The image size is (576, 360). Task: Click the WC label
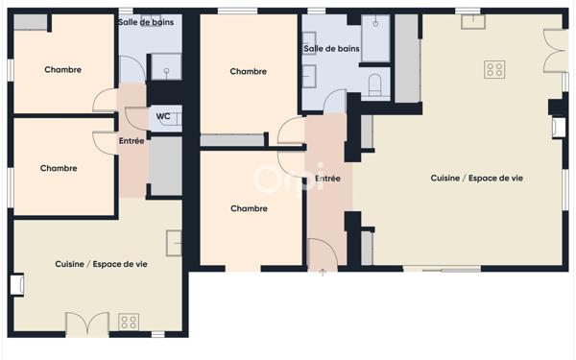(x=163, y=116)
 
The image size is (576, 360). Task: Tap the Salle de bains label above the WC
(x=146, y=21)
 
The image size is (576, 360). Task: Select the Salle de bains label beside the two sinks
(x=331, y=48)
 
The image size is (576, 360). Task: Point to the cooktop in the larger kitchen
(x=495, y=68)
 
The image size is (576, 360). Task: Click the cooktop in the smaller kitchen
(x=129, y=322)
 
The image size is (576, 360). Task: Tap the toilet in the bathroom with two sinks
(x=375, y=84)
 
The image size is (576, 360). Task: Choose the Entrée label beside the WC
(x=132, y=141)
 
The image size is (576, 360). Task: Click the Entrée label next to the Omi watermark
(x=327, y=178)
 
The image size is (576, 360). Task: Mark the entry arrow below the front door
(x=323, y=273)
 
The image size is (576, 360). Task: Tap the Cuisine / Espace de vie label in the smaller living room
(x=101, y=264)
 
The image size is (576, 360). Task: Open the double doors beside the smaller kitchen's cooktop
(x=87, y=324)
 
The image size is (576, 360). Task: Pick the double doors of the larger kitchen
(x=555, y=50)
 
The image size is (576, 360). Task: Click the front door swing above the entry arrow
(x=322, y=253)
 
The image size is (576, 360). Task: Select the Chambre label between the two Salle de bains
(x=249, y=71)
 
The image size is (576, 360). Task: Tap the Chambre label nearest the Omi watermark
(x=249, y=208)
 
